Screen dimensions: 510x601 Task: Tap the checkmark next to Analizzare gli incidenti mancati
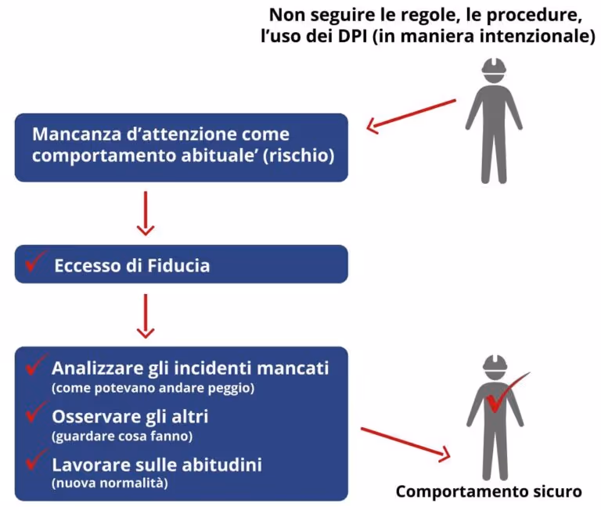click(x=36, y=365)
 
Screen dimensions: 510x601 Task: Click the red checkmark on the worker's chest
click(x=501, y=397)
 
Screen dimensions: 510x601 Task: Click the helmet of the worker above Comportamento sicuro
click(x=494, y=365)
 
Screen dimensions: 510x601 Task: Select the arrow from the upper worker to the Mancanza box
click(x=412, y=113)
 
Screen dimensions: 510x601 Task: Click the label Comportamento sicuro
click(x=488, y=492)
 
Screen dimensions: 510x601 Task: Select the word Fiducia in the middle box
click(x=178, y=265)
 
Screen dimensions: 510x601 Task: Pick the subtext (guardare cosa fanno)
click(x=121, y=436)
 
